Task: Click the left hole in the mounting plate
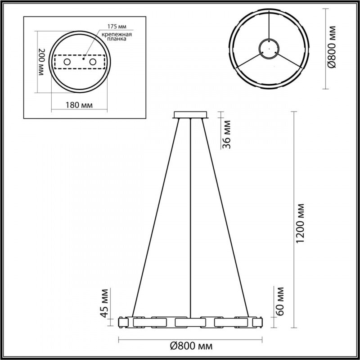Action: tap(67, 61)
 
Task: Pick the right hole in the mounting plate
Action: tap(93, 61)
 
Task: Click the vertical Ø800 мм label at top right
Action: tap(332, 47)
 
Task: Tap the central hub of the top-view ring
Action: tap(270, 48)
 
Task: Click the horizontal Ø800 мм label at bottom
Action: tap(191, 346)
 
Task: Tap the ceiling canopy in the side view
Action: tap(191, 115)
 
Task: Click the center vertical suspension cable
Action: tap(191, 216)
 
